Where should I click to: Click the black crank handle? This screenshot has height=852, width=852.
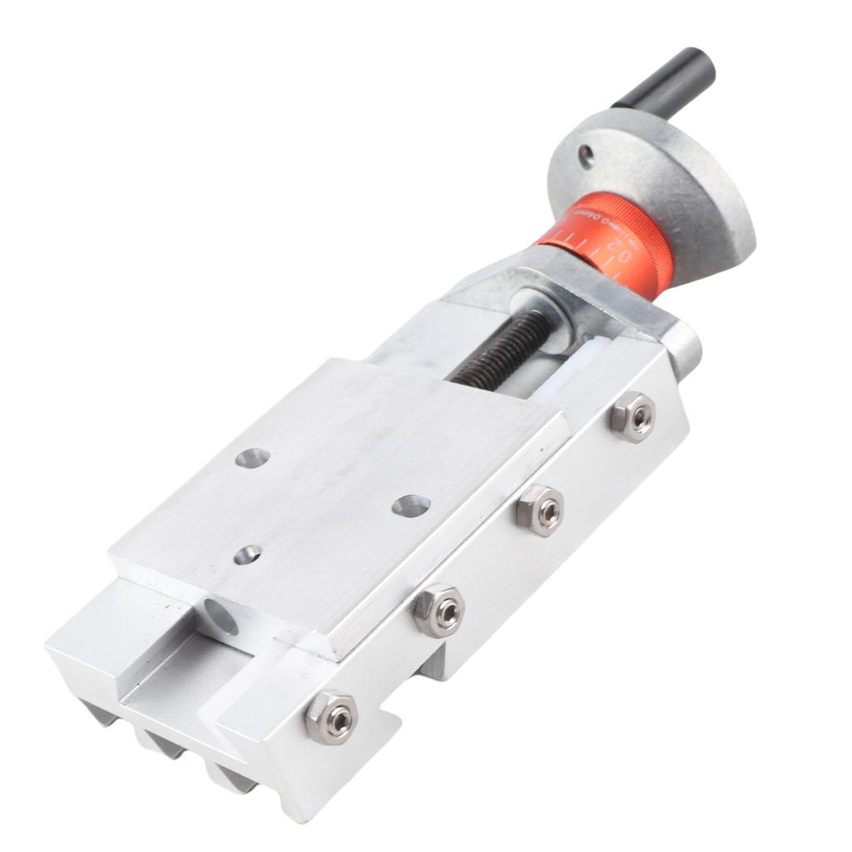666,81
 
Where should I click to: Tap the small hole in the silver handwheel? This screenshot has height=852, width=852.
586,153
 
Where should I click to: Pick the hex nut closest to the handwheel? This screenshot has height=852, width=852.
632,417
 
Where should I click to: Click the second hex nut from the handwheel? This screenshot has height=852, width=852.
540,511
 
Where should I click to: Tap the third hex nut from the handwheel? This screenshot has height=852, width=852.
439,612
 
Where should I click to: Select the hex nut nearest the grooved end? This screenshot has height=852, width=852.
331,716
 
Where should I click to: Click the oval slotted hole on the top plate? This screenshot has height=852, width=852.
411,504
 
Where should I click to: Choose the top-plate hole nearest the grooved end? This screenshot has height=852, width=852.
247,554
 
